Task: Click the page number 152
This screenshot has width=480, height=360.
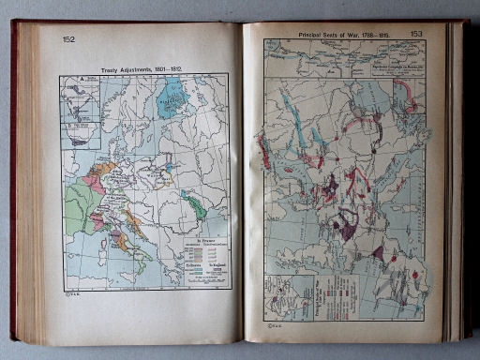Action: point(69,39)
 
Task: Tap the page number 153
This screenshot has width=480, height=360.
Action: point(417,35)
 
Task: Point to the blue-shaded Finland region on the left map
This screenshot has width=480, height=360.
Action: point(171,97)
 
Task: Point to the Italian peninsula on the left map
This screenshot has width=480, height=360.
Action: point(126,243)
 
